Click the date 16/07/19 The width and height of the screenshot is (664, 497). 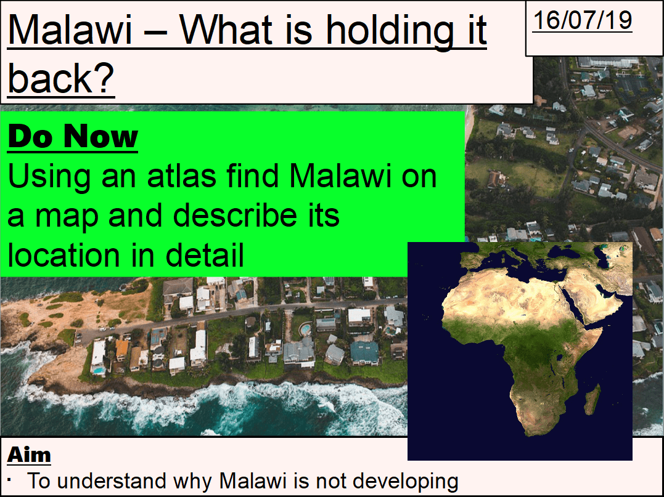582,20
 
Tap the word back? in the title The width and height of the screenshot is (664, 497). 61,78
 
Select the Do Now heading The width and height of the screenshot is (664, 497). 73,136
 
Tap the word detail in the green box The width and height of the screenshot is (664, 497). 205,255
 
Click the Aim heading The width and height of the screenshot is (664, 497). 29,455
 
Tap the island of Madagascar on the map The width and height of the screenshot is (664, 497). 592,399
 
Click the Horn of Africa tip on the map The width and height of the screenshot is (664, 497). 602,329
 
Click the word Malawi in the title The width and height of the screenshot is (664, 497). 70,30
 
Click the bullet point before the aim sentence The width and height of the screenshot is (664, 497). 9,480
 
